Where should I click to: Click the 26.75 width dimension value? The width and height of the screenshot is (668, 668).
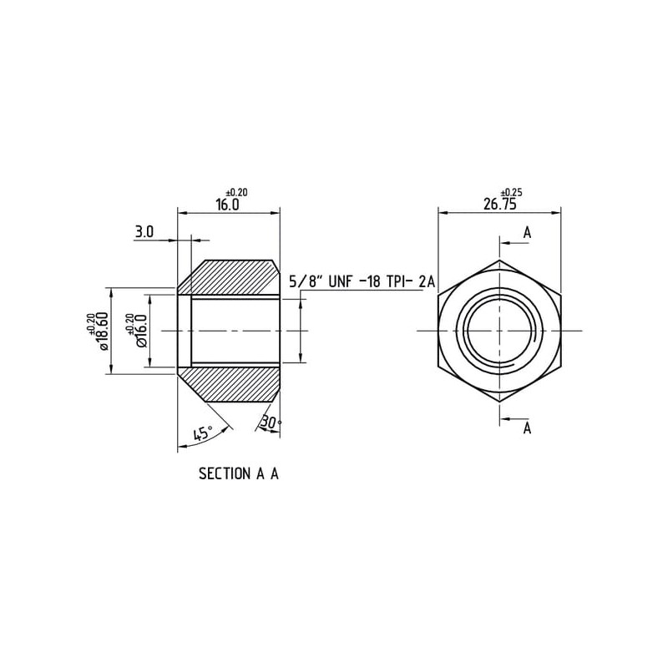tap(499, 204)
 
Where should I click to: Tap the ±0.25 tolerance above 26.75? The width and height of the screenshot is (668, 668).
tap(511, 192)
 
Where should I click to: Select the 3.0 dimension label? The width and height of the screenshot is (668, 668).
tap(144, 232)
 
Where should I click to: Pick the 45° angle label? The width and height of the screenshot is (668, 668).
tap(203, 433)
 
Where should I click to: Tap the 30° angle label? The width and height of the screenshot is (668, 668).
tap(271, 423)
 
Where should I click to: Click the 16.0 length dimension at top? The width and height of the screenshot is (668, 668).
tap(227, 205)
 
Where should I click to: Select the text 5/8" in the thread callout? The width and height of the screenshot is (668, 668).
tap(306, 281)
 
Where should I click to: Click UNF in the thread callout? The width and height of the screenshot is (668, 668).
tap(341, 281)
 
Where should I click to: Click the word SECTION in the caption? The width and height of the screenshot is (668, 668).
tap(225, 473)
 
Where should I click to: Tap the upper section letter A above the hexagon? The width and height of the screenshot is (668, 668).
tap(528, 233)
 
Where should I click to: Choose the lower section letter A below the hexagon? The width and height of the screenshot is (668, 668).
tap(528, 428)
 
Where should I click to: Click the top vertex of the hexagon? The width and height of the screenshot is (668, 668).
tap(499, 260)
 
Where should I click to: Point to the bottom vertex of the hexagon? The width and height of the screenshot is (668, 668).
tap(499, 402)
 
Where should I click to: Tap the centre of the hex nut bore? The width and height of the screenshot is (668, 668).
tap(499, 331)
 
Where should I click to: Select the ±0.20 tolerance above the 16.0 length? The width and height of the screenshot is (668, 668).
tap(237, 193)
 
